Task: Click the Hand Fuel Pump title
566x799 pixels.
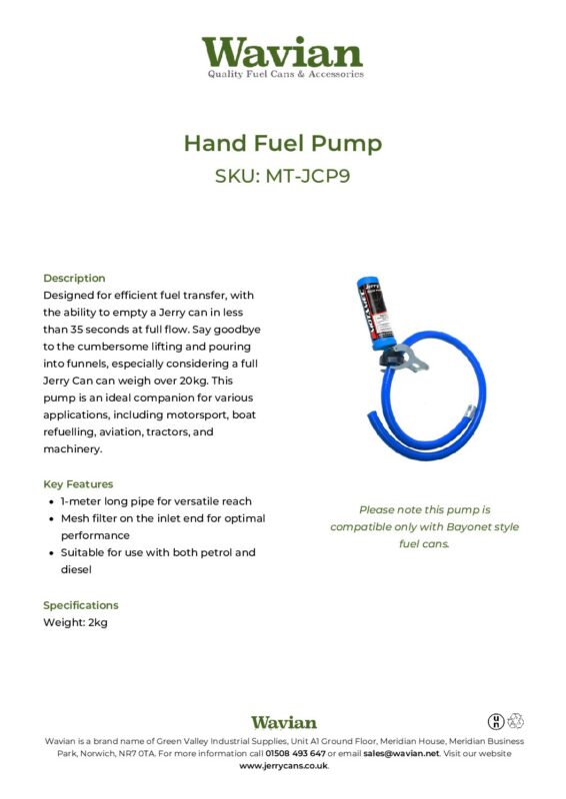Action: point(283,143)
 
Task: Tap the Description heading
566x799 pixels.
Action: point(74,278)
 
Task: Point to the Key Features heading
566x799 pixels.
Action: point(78,483)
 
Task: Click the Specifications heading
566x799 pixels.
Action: point(80,605)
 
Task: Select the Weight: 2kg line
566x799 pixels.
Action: point(75,622)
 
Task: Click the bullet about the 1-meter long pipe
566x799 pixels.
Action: point(155,501)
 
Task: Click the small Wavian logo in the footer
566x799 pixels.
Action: point(283,722)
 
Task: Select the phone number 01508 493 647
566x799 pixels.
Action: point(295,753)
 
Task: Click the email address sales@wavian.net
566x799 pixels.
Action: point(400,753)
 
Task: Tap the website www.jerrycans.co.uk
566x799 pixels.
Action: point(283,766)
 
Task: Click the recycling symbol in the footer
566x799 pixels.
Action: point(516,720)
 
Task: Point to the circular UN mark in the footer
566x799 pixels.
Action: point(496,720)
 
